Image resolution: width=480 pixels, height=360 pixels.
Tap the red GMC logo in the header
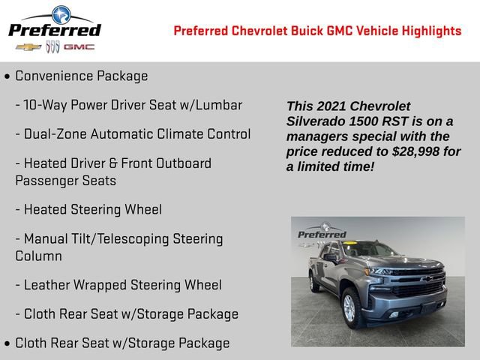pos(79,46)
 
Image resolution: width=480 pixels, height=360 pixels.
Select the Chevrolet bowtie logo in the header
pos(28,46)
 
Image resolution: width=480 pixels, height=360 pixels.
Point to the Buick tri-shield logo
pos(52,46)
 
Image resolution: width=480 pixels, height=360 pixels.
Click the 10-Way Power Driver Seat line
pos(128,105)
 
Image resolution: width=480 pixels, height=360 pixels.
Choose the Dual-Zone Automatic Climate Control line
pos(133,134)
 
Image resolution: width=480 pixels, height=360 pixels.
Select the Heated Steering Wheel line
pos(88,209)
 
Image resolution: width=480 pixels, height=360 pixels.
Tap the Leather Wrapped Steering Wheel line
pos(118,285)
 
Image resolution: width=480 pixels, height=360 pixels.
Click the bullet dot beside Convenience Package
pos(7,76)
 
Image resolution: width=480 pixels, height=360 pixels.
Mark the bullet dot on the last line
pos(7,343)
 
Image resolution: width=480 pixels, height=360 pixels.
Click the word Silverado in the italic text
pos(315,121)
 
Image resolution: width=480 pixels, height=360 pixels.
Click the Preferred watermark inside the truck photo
pos(322,233)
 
